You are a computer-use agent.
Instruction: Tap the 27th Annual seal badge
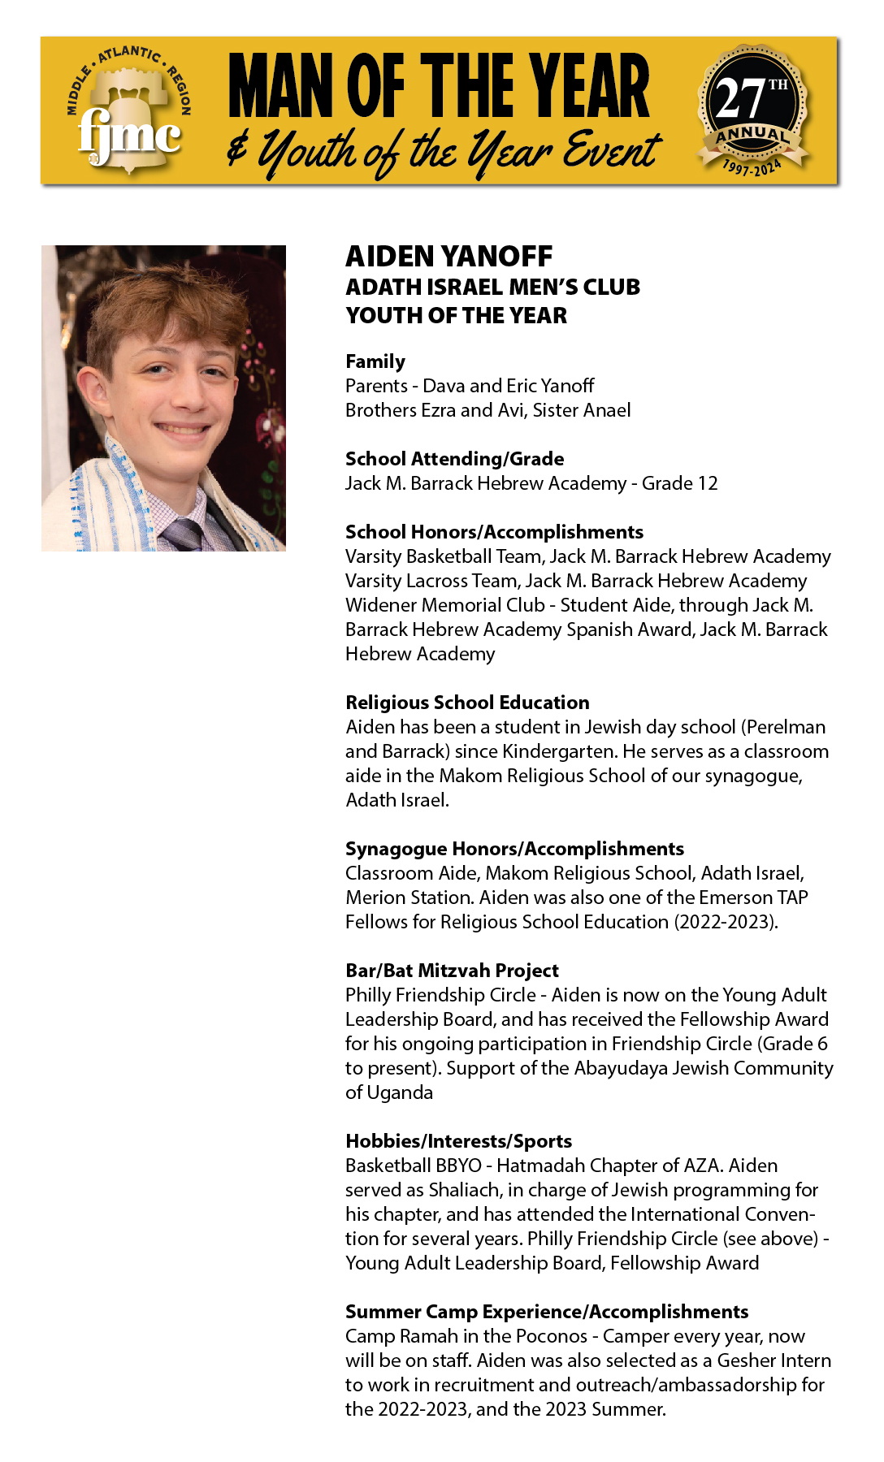(x=752, y=110)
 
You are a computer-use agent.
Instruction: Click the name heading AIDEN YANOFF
(x=448, y=257)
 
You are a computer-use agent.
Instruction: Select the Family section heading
(x=375, y=361)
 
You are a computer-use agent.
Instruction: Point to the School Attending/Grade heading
(x=454, y=459)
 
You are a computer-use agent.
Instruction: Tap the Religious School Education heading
(x=467, y=703)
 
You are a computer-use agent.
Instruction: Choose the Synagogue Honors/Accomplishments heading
(x=514, y=849)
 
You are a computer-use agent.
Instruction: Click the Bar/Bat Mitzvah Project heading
(x=452, y=971)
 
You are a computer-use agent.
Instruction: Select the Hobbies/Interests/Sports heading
(x=458, y=1141)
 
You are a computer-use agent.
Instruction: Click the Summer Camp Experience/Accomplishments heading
(x=547, y=1312)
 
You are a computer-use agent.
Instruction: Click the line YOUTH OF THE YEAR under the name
(x=456, y=315)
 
